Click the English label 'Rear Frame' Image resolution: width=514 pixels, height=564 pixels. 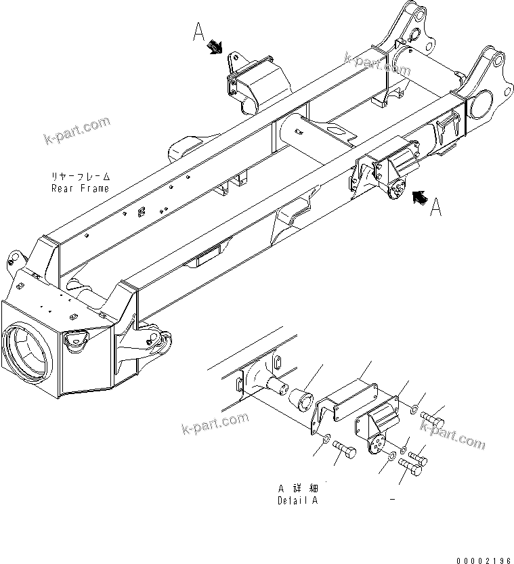click(80, 188)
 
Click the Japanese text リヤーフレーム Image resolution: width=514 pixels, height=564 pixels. click(80, 178)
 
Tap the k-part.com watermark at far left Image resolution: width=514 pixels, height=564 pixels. click(77, 130)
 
